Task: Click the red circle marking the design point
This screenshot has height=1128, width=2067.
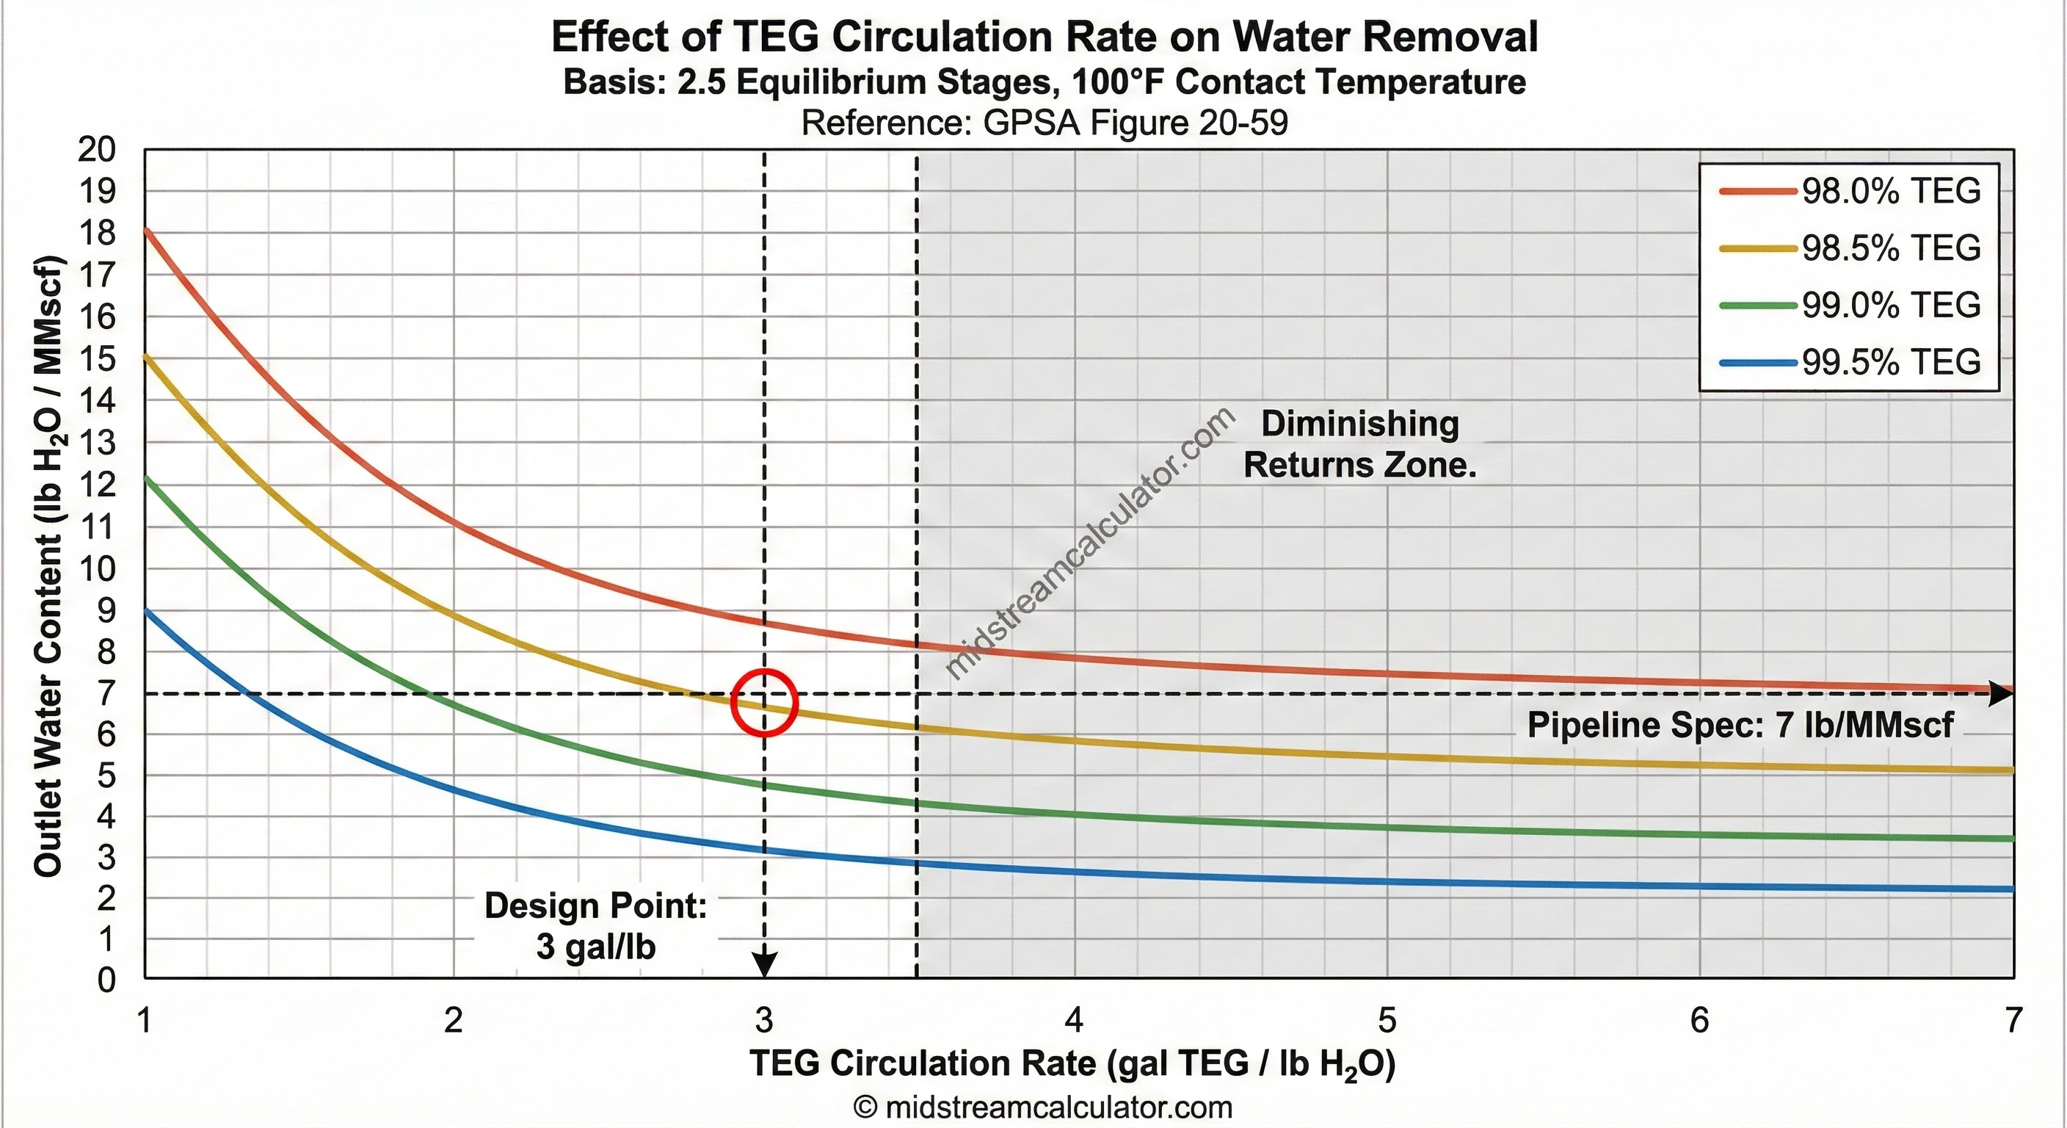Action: (764, 703)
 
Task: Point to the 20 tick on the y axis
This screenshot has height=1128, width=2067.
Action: (97, 149)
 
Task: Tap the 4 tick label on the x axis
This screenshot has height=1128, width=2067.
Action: (1074, 1021)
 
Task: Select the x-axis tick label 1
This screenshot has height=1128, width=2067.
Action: (145, 1021)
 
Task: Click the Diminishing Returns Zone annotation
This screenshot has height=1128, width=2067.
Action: (1359, 445)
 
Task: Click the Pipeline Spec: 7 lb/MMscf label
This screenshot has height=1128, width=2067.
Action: (1740, 725)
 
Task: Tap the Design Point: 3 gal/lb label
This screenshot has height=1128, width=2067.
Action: (595, 926)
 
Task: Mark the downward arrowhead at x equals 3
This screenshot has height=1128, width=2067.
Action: (764, 964)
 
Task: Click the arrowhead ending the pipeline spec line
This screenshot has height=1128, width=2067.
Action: (2001, 693)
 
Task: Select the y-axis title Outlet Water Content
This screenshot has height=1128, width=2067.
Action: (49, 565)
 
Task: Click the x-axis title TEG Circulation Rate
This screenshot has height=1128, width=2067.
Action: (1073, 1064)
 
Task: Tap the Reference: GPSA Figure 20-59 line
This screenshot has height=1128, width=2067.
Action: (1044, 123)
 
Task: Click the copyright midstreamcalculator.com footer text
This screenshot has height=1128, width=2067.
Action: (1042, 1108)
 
